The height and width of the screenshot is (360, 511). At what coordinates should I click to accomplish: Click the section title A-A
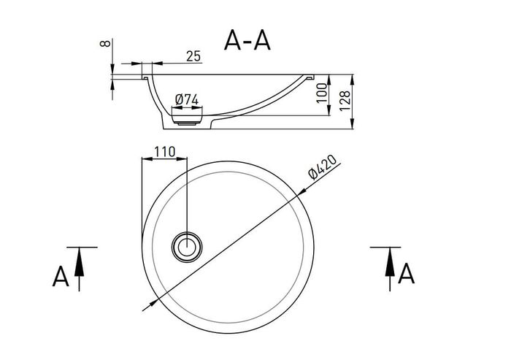tap(247, 39)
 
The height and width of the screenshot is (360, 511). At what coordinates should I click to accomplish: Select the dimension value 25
tap(193, 56)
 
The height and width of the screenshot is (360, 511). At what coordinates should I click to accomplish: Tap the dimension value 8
tap(105, 43)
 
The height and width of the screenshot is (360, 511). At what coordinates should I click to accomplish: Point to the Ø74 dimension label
tap(186, 99)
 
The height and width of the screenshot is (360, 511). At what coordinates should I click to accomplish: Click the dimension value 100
tap(322, 93)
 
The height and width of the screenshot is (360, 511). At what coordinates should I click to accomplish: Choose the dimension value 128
tap(345, 101)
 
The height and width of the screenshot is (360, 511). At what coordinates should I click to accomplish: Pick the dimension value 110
tap(164, 152)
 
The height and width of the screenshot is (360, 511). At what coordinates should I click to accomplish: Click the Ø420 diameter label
tap(323, 167)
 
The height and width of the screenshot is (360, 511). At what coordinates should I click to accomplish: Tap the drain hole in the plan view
tap(187, 247)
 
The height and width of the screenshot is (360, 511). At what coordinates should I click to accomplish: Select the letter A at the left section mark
tap(61, 276)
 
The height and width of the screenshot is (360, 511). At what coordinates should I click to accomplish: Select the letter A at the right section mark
tap(406, 273)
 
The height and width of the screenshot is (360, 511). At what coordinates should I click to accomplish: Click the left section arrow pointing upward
tap(79, 269)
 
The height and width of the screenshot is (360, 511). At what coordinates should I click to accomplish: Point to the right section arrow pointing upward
tap(390, 269)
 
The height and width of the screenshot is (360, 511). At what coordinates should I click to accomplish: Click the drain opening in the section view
tap(187, 120)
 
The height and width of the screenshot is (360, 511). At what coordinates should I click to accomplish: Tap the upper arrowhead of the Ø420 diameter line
tap(301, 192)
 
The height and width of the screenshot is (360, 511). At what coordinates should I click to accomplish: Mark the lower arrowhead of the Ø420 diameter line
tap(153, 303)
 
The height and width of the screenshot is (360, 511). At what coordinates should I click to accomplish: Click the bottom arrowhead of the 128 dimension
tap(352, 124)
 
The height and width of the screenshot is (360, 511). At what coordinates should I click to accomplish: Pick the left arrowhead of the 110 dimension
tap(147, 158)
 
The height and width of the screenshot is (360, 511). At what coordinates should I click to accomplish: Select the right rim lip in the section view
tap(309, 77)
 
